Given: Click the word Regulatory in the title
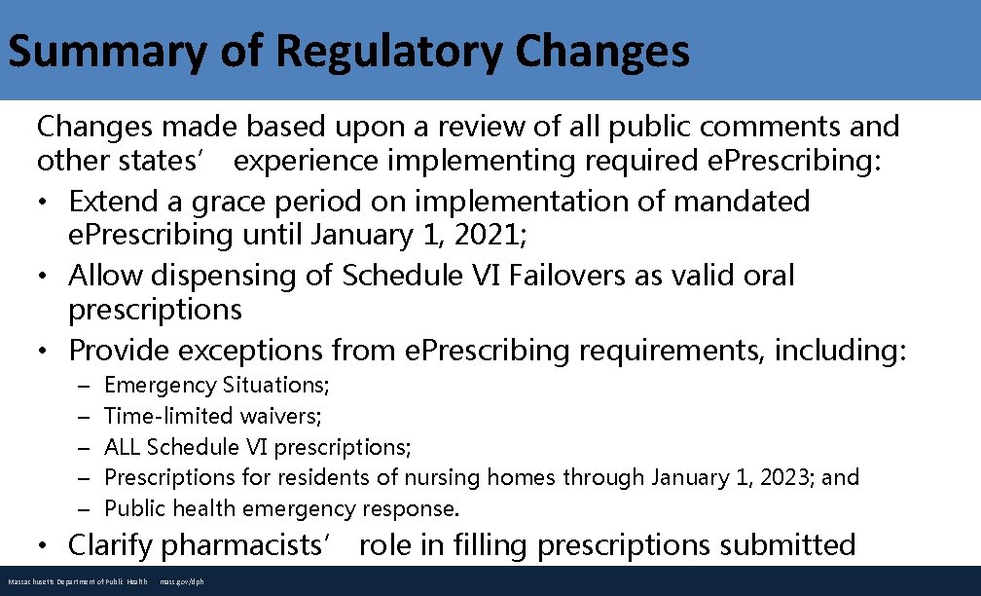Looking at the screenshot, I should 387,53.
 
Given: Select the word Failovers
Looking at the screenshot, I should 551,276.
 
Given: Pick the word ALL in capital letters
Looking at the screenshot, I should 123,447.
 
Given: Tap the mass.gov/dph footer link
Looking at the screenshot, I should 181,582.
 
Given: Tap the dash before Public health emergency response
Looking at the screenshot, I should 85,508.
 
